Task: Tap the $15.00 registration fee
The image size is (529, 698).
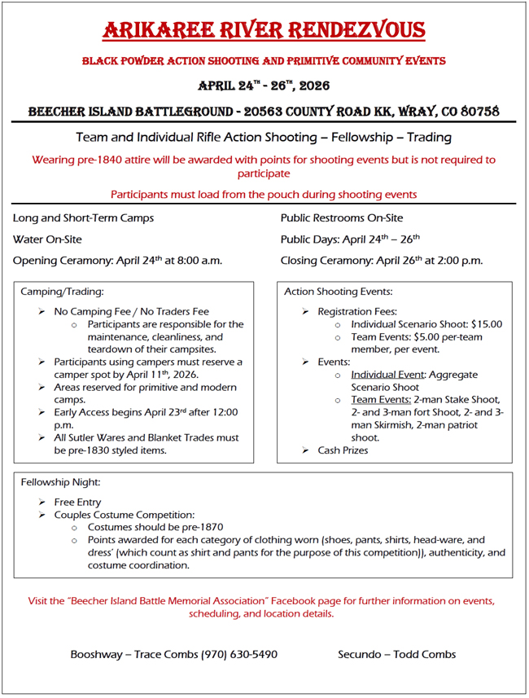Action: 487,324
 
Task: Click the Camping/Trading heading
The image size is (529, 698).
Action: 62,291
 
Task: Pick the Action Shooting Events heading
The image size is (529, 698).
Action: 339,291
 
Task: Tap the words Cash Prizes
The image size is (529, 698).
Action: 343,450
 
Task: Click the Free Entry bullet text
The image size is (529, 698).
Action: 78,503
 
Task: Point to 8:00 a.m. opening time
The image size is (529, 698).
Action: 196,261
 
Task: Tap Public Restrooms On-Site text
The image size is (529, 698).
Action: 342,218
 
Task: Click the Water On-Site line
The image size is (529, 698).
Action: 47,239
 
